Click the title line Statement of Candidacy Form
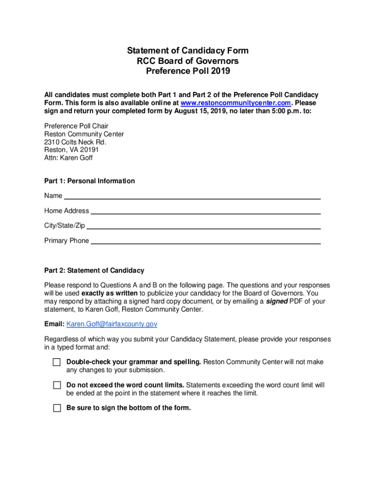coord(188,51)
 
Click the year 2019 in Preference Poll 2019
coord(220,71)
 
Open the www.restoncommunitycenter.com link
coord(236,103)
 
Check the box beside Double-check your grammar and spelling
coord(57,362)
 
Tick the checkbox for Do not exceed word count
coord(57,385)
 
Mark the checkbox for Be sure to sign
coord(57,408)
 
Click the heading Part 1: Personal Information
coord(89,181)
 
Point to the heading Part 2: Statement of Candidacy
coord(94,271)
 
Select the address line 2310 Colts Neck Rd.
coord(75,142)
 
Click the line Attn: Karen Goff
coord(68,158)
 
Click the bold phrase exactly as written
coord(109,293)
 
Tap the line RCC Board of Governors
coord(188,61)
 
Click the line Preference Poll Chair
coord(76,126)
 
